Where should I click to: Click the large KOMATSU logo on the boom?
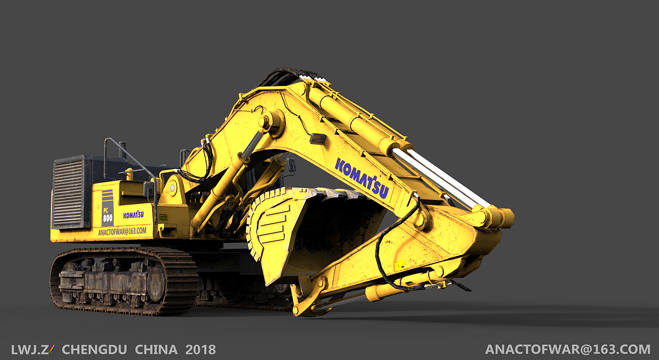point(362,178)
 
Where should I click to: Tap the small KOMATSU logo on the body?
point(133,215)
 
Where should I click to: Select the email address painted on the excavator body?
point(122,231)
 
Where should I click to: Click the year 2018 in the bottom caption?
point(201,350)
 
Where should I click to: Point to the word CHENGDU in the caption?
point(94,350)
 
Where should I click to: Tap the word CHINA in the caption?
point(156,350)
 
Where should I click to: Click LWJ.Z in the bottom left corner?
point(30,350)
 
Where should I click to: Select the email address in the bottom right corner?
point(568,349)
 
